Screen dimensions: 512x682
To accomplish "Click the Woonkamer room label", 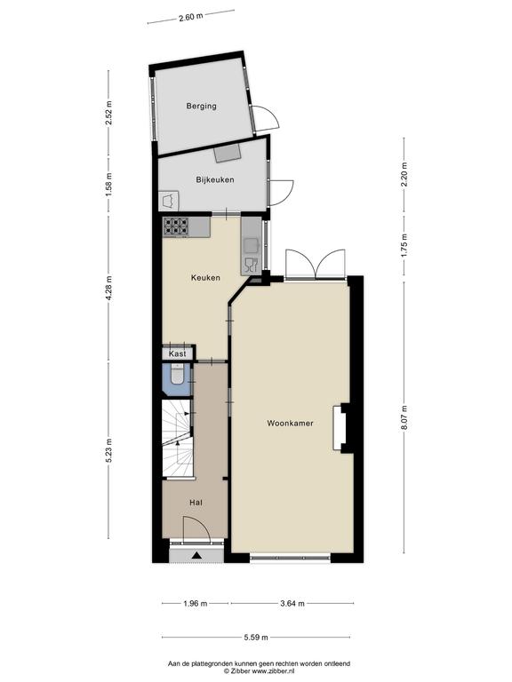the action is coord(290,423).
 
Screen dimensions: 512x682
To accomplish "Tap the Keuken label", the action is coord(205,277).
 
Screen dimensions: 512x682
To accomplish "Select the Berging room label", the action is coord(201,106).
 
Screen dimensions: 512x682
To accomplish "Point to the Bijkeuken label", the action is coord(214,179).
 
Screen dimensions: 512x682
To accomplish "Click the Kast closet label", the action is coord(177,353).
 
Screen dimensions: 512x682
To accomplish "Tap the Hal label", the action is coord(196,503).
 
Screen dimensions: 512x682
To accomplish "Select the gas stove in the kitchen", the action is coord(176,227).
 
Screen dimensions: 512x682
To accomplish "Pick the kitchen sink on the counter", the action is coord(251,246).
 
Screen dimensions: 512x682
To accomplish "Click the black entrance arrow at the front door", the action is coord(196,555).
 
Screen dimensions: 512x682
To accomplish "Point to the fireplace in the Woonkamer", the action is coord(340,428).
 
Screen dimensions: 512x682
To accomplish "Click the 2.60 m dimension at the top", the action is coord(191,17).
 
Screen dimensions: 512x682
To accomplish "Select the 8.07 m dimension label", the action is coord(404,418).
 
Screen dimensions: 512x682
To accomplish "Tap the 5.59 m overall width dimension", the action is coord(256,638).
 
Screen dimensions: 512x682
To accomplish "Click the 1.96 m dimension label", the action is coord(195,603).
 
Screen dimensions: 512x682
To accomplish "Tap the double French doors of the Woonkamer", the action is coord(316,263).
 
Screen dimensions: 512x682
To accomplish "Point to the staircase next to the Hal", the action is coord(177,439).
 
